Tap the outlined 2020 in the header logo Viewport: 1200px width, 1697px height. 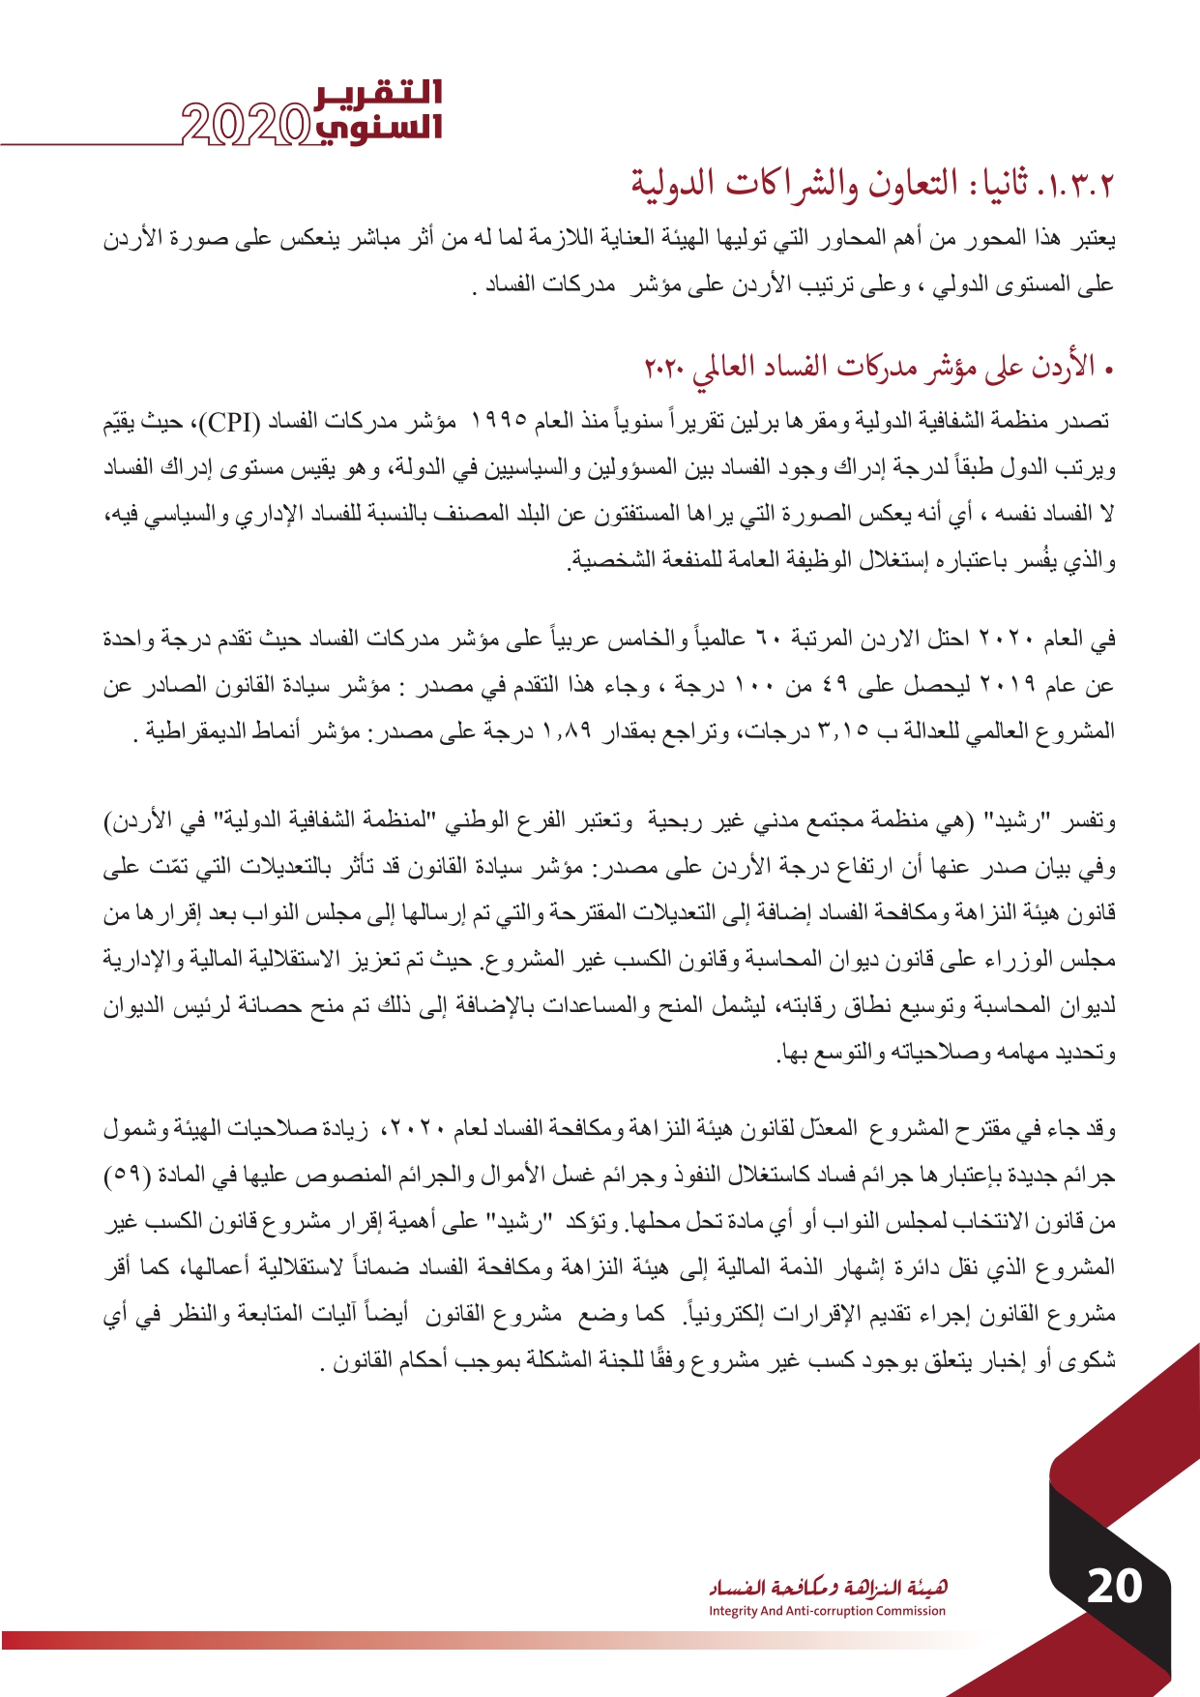coord(246,125)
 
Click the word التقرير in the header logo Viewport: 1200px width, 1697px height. coord(379,93)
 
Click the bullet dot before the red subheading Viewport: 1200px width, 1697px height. coord(1109,370)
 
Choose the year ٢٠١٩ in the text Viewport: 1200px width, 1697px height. coord(1008,686)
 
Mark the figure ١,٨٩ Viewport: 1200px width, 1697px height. coord(566,732)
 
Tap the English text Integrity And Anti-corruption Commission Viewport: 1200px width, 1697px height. coord(827,1611)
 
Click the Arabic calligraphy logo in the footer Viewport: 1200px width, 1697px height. coord(828,1587)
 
